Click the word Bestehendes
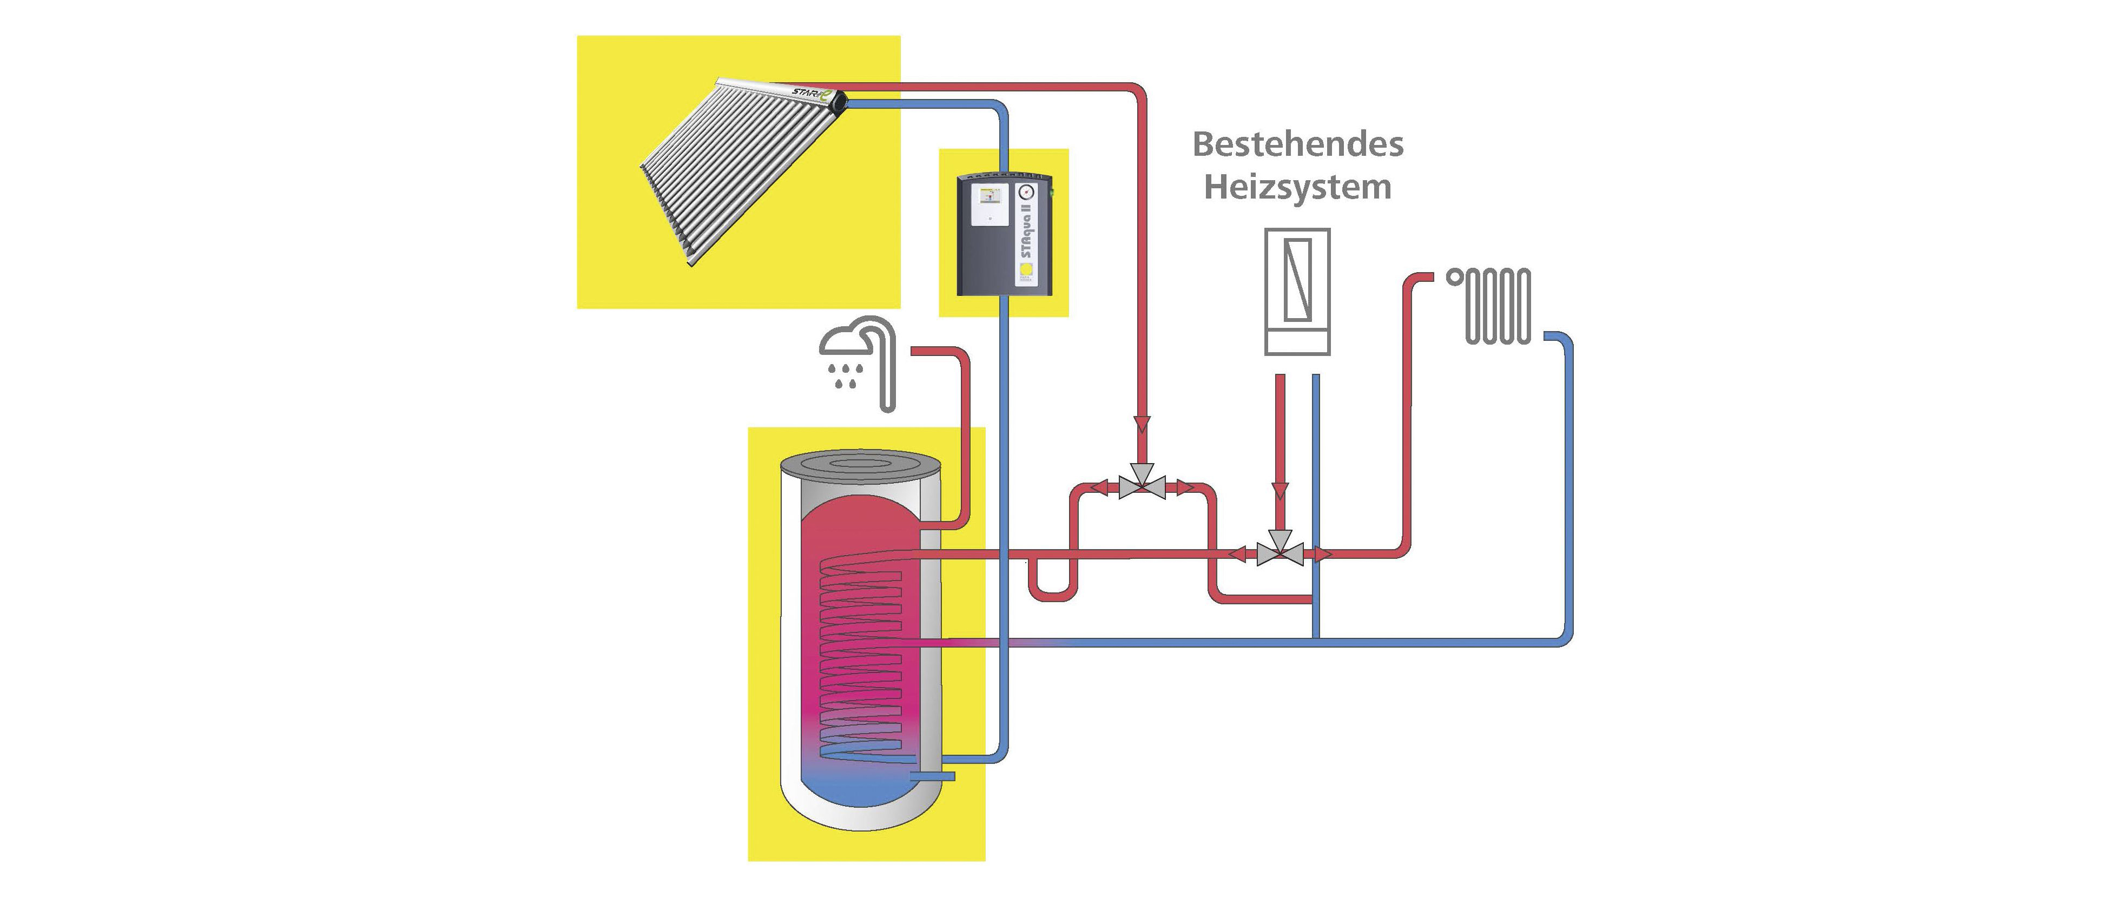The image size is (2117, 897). (x=1298, y=144)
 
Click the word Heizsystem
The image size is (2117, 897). (x=1298, y=187)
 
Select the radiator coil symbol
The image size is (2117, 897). (x=1498, y=306)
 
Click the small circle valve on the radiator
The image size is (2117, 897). (x=1455, y=277)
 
